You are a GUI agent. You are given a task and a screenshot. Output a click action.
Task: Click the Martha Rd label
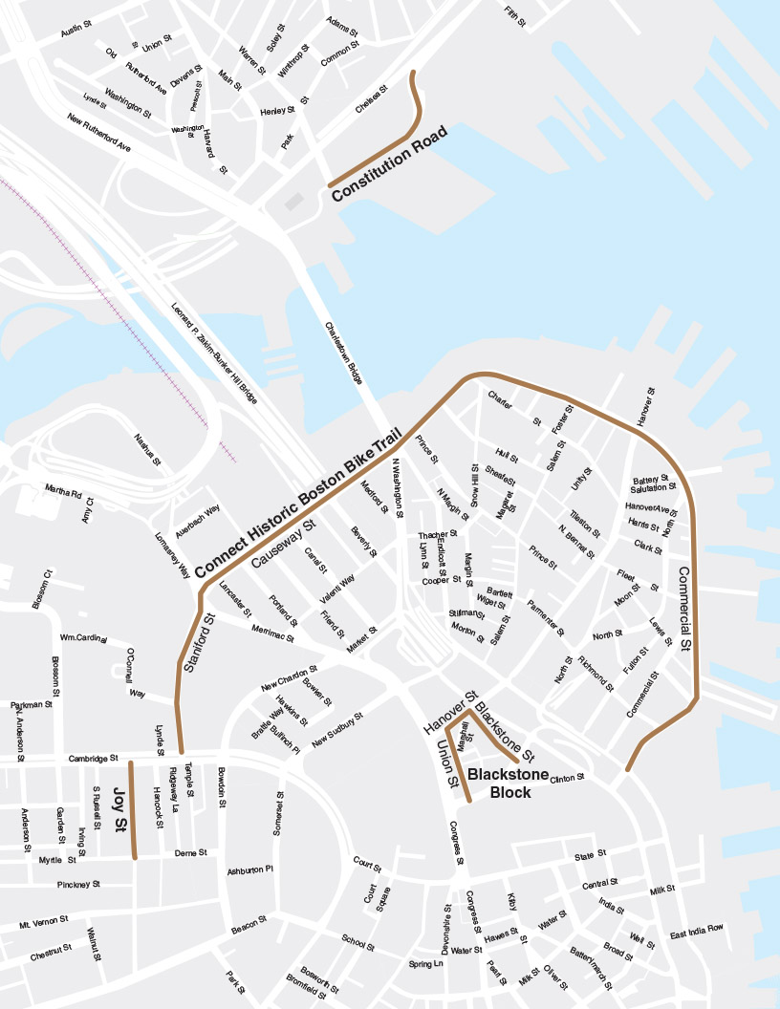tap(63, 492)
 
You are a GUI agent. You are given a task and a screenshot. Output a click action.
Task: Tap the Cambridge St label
tap(93, 759)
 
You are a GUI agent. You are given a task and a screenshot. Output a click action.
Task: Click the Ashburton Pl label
tap(250, 870)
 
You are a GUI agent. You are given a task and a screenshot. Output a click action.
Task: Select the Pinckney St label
tap(78, 885)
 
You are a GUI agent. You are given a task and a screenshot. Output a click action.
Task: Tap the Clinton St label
tap(567, 779)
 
